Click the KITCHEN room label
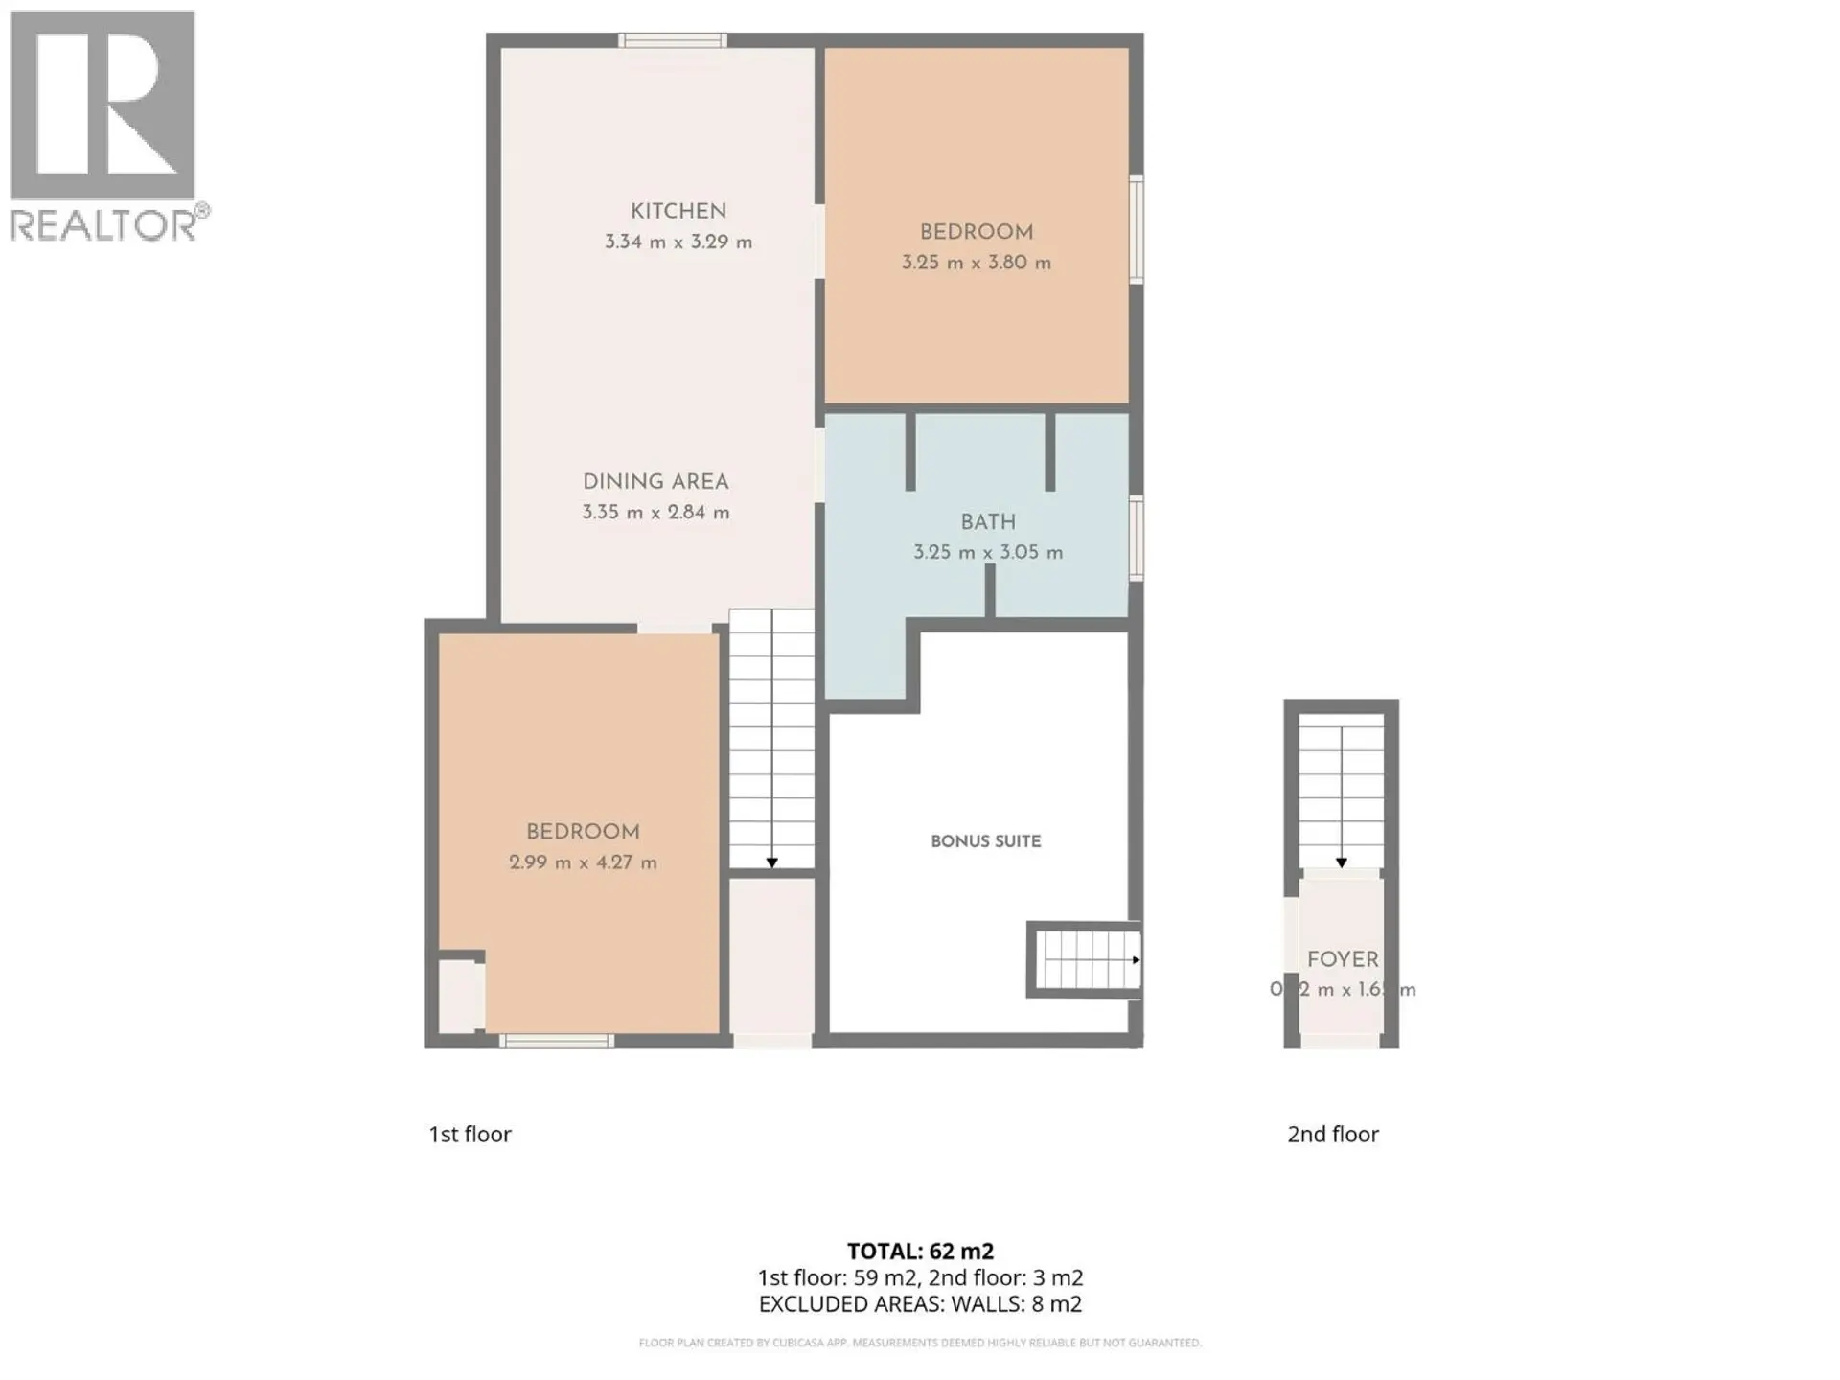(678, 211)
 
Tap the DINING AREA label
(655, 482)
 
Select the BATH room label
(988, 522)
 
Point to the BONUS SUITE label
(985, 841)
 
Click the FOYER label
(1343, 959)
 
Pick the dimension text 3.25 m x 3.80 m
(976, 263)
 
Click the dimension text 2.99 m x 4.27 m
(583, 862)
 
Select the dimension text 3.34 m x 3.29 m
(678, 242)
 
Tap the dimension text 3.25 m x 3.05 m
(988, 553)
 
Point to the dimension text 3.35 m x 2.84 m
(655, 513)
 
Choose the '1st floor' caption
(470, 1135)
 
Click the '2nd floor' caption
(1332, 1135)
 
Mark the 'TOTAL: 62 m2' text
(920, 1252)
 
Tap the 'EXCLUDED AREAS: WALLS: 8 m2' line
(920, 1304)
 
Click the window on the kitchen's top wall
(672, 40)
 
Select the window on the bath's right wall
(1136, 538)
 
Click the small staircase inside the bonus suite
(1087, 959)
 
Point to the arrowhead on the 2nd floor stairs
(1342, 862)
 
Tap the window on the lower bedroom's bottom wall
(557, 1042)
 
